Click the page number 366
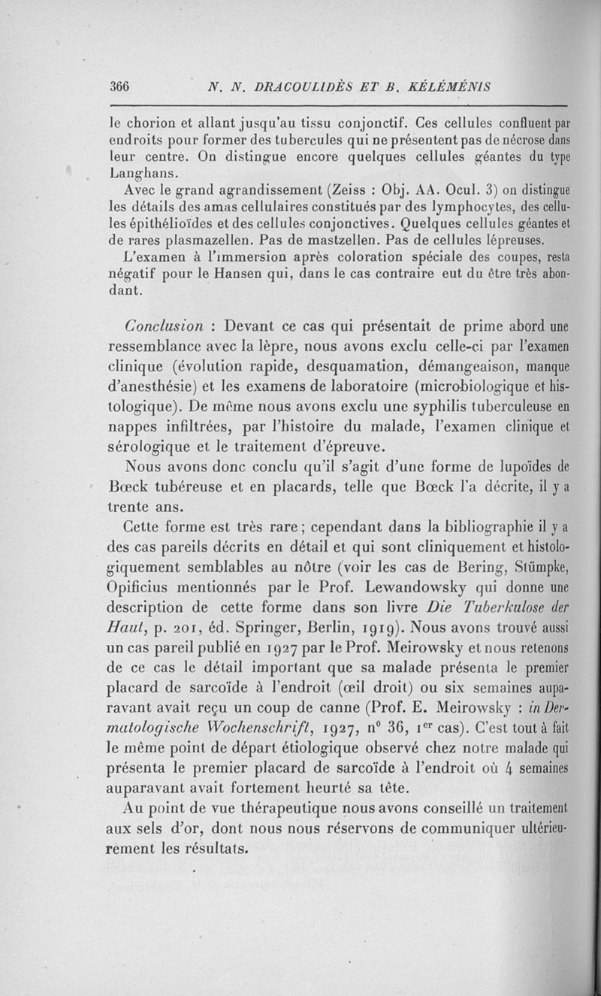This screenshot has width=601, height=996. pyautogui.click(x=120, y=86)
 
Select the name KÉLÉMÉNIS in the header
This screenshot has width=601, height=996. pyautogui.click(x=450, y=86)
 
